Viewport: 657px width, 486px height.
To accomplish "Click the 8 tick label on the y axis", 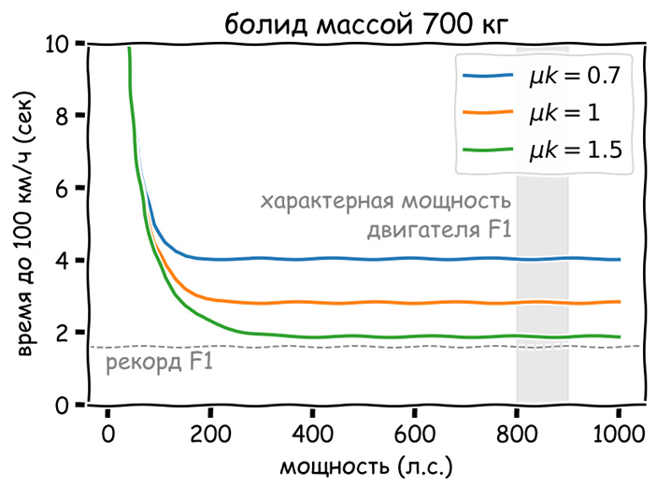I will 62,116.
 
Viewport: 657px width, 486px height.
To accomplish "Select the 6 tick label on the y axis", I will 62,188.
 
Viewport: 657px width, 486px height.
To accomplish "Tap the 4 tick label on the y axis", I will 62,261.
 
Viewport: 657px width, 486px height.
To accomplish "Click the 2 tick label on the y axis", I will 62,333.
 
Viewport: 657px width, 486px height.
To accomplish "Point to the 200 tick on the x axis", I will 210,435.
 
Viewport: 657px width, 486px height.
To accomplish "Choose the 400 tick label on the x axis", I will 312,435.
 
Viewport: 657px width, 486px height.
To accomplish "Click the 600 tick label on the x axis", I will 414,435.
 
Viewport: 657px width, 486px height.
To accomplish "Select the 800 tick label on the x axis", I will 517,435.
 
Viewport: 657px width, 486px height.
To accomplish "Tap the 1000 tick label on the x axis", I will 618,435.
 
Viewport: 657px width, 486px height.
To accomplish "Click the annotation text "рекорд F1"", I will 159,363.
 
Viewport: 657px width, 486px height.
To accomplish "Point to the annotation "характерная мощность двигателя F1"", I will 385,216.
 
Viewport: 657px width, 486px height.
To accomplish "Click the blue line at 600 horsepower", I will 414,259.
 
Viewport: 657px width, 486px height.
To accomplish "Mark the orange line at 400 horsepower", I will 312,302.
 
